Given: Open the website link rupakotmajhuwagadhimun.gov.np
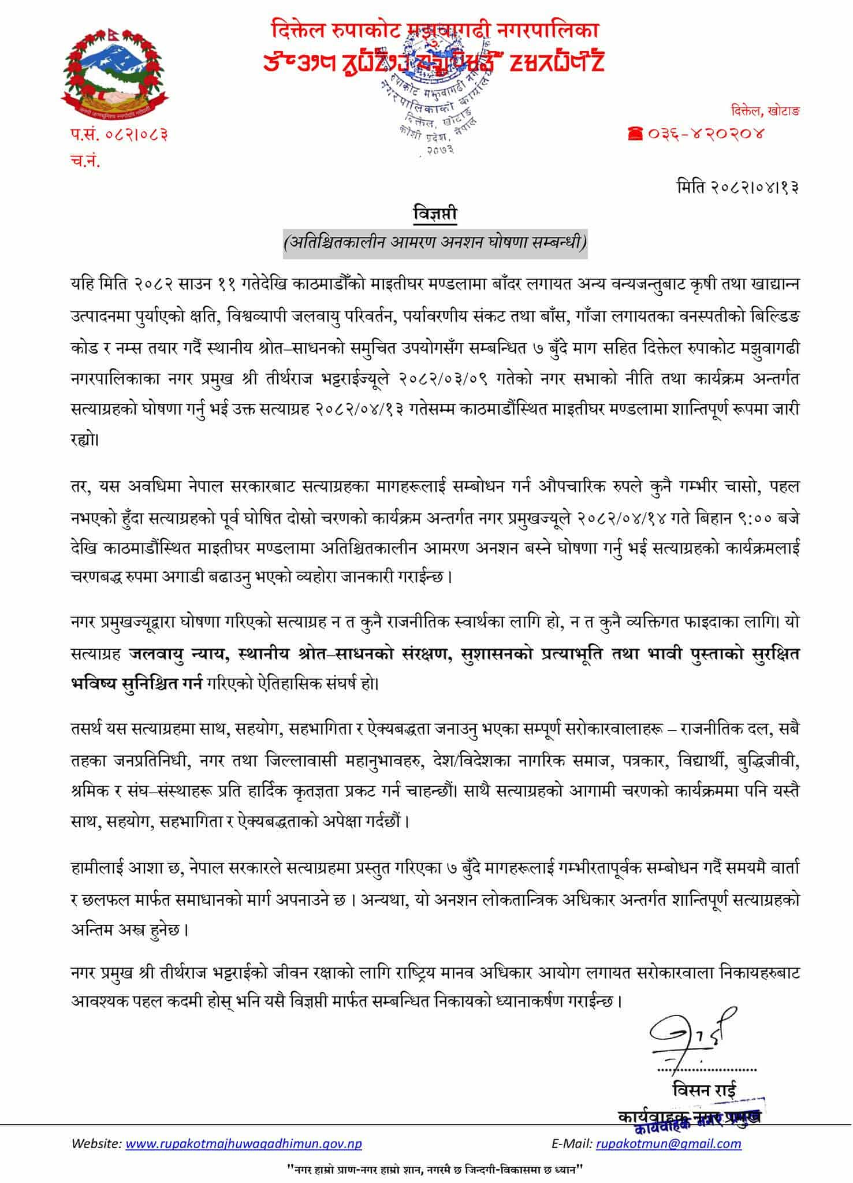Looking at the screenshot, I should coord(243,1143).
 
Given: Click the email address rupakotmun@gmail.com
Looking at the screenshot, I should coord(668,1143).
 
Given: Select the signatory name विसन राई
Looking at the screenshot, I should coord(704,1090).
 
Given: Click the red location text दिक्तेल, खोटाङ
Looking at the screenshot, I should coord(763,110).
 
